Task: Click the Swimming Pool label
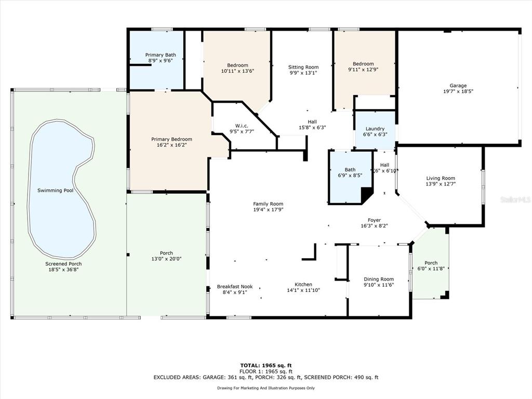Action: (x=55, y=190)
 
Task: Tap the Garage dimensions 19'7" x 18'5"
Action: (x=458, y=91)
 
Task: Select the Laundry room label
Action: (x=375, y=129)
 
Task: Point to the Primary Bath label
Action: (x=161, y=55)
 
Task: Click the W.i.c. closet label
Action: (x=242, y=126)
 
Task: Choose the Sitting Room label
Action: (x=303, y=67)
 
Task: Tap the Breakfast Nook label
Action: (x=235, y=287)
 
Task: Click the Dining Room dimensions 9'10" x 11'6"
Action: (x=379, y=285)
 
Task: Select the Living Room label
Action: (x=441, y=178)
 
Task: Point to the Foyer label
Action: (x=374, y=220)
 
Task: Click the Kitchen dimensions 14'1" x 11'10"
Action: (x=303, y=290)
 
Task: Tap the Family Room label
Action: (x=268, y=204)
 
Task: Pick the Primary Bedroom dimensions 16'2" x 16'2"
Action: (x=171, y=145)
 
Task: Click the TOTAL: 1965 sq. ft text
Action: (x=266, y=365)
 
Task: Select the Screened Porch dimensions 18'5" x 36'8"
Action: (x=63, y=270)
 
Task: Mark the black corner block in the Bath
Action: (x=366, y=195)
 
